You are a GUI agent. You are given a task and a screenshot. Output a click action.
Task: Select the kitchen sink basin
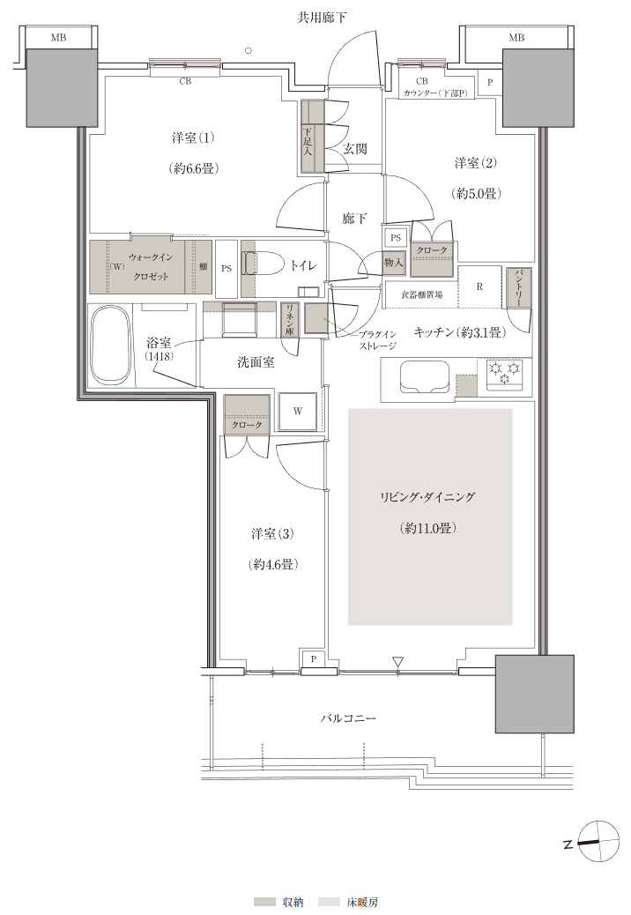tap(424, 378)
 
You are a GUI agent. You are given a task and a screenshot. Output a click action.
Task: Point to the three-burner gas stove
tap(504, 374)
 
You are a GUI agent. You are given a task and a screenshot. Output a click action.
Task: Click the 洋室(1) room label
tap(193, 138)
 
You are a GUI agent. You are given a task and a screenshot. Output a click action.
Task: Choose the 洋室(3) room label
tap(272, 533)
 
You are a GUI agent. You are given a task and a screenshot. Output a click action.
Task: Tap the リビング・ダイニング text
tap(427, 497)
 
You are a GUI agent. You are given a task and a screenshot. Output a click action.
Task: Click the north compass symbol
tap(598, 841)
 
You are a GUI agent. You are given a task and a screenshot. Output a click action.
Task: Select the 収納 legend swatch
tap(264, 902)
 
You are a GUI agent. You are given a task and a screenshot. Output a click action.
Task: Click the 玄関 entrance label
tap(354, 149)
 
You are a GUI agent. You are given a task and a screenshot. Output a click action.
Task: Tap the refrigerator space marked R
tap(479, 286)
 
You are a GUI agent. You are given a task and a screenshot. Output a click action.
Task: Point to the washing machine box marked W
tap(297, 411)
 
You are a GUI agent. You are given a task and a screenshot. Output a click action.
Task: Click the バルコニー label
tap(348, 718)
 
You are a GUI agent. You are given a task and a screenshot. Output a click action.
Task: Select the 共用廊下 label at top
tap(322, 18)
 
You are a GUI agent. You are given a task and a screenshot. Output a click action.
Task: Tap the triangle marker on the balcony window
tap(398, 662)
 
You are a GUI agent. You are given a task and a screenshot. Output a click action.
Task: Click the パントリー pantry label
tap(519, 287)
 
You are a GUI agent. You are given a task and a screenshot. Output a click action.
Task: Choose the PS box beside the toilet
tap(226, 269)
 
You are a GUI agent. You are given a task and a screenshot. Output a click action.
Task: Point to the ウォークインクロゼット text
tap(151, 267)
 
